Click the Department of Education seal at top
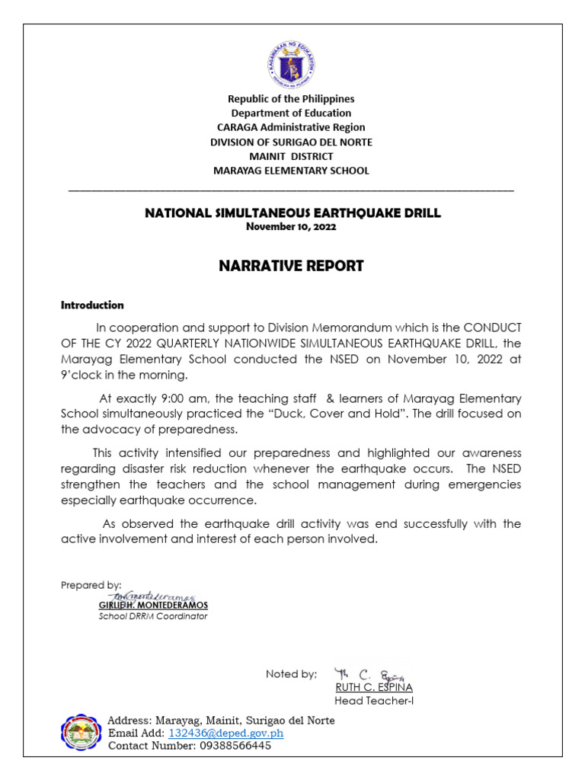[x=291, y=63]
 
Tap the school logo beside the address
[x=80, y=733]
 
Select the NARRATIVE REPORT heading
[x=292, y=266]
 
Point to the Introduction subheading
[x=92, y=305]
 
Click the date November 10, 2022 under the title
[x=292, y=226]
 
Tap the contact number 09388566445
[x=228, y=746]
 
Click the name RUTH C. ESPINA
[x=374, y=687]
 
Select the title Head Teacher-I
[x=374, y=701]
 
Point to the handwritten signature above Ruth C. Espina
[x=369, y=673]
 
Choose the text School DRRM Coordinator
[x=153, y=616]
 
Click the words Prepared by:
[x=91, y=585]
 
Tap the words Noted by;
[x=291, y=673]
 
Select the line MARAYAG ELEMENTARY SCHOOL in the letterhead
[x=292, y=171]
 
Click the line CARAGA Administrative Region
[x=292, y=127]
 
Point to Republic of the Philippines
[x=292, y=99]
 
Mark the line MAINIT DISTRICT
[x=292, y=156]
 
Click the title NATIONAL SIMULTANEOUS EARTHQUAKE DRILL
[x=292, y=213]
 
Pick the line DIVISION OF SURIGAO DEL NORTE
[x=292, y=142]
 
